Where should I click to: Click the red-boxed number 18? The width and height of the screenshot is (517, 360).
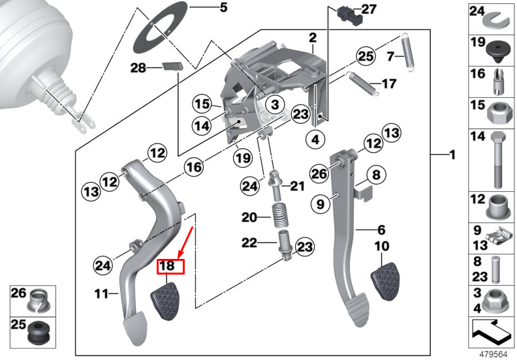click(167, 265)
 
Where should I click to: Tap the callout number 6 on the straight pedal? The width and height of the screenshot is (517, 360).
click(381, 230)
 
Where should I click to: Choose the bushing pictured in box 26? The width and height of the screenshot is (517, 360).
click(40, 301)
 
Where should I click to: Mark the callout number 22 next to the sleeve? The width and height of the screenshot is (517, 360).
click(249, 244)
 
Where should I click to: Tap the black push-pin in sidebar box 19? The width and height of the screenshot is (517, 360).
click(499, 47)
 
